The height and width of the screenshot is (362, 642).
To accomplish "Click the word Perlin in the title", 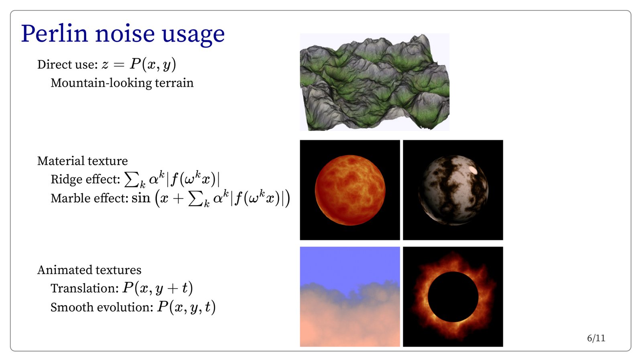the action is coord(54,34).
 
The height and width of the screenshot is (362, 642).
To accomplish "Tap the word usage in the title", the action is coord(193,35).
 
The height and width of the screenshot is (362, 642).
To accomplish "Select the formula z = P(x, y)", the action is coord(139,65).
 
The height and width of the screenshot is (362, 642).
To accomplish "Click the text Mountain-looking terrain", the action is coord(122,83).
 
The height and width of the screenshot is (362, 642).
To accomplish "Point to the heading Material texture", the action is coord(83,161).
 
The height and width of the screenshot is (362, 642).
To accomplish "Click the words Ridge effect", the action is coord(85,179).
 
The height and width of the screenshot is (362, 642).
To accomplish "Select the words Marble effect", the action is coord(89,198).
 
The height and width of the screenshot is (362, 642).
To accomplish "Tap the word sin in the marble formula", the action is coord(141,198).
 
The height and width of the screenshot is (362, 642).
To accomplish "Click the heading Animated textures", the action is coord(89,270).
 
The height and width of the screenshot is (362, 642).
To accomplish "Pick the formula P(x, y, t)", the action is coord(186,307).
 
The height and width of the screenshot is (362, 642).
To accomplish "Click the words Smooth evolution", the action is coord(102,307).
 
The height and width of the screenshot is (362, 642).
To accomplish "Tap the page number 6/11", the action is coord(596,338).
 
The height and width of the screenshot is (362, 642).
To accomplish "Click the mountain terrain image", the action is coord(375,82).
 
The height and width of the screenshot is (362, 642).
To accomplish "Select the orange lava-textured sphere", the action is coord(350,190).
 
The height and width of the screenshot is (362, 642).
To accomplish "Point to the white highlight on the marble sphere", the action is coord(473,170).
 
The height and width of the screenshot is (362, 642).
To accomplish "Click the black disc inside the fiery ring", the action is coord(453,297).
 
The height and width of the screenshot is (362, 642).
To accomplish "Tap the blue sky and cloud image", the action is coord(350,297).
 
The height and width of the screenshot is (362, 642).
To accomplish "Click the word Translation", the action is coord(85,288).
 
